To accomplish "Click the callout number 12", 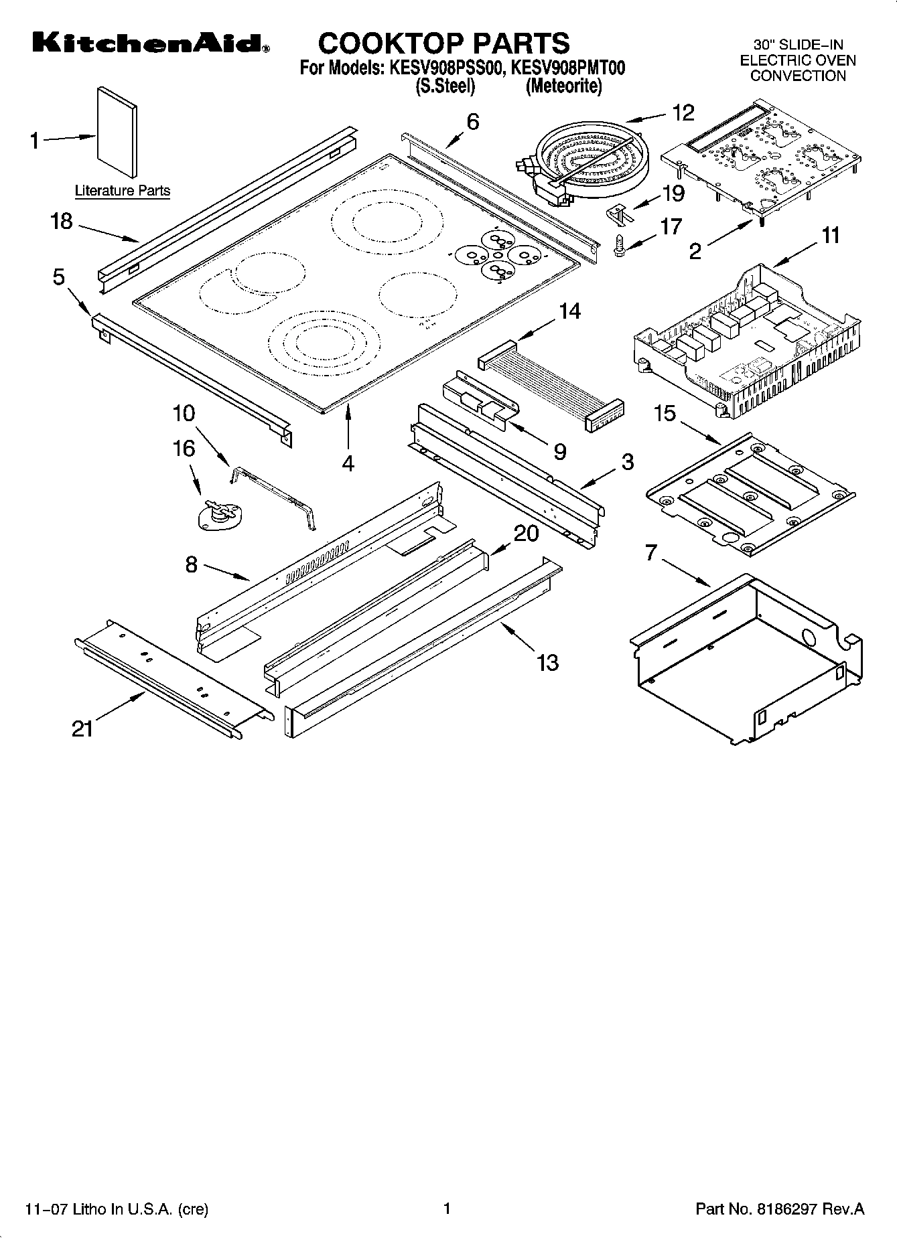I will [x=683, y=112].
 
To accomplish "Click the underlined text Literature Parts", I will [x=122, y=191].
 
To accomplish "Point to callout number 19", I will [x=673, y=194].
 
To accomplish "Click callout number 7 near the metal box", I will [x=650, y=553].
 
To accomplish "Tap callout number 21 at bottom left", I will [x=82, y=728].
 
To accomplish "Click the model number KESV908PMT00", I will [x=568, y=68].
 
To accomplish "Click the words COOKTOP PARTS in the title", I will [x=443, y=43].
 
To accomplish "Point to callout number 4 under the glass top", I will [x=348, y=463].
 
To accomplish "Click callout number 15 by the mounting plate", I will [x=665, y=414].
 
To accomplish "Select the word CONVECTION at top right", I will [x=798, y=76].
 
